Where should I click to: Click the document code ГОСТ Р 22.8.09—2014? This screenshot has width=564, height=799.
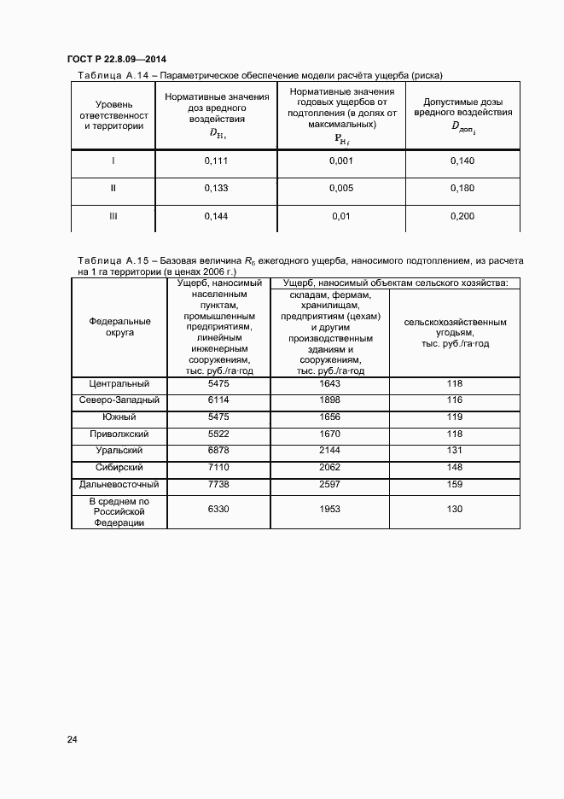point(116,59)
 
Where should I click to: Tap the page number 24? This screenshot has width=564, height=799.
point(73,739)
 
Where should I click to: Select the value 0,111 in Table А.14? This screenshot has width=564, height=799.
point(216,161)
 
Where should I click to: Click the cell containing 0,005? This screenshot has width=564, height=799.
point(341,189)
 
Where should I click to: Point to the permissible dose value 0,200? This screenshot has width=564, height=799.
point(462,217)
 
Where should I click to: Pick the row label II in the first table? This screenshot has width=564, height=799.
point(113,189)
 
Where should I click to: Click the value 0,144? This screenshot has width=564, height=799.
point(216,217)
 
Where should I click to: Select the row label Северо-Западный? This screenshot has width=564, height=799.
point(119,400)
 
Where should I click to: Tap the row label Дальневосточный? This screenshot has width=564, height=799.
point(119,484)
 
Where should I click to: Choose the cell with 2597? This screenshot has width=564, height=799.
point(329,484)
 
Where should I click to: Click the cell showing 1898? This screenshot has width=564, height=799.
point(329,400)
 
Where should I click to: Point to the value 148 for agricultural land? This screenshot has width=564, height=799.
point(454,467)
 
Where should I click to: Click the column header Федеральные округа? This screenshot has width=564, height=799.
point(119,327)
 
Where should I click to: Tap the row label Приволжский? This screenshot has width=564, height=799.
point(119,434)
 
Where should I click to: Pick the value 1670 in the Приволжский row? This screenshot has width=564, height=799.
point(329,434)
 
